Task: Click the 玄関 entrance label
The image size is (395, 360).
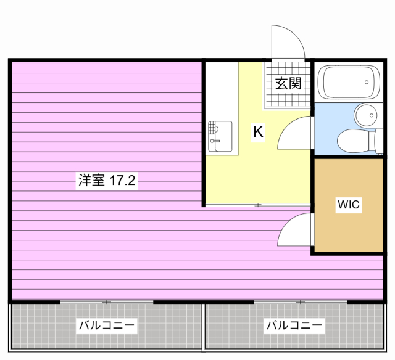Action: click(x=288, y=83)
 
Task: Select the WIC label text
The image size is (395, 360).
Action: click(x=349, y=205)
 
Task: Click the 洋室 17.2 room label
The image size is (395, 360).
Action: click(x=106, y=181)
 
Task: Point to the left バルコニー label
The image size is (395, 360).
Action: click(x=106, y=325)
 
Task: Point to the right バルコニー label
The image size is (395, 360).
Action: click(x=294, y=325)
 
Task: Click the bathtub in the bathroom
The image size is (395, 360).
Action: click(x=347, y=82)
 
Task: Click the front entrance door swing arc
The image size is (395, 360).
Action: click(x=288, y=42)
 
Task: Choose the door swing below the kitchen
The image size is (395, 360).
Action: click(x=295, y=230)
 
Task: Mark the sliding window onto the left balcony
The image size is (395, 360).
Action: click(x=106, y=301)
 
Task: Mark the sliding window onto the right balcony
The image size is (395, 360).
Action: click(x=301, y=301)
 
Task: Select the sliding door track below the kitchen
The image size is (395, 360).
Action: click(x=257, y=205)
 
